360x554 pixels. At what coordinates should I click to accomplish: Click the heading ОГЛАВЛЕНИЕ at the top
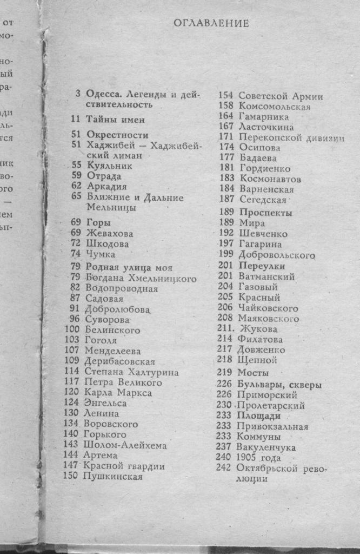point(211,23)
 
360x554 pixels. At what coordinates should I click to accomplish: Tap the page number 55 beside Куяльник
point(76,166)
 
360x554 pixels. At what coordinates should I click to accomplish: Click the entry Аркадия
point(103,187)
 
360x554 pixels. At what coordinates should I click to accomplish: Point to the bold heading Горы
point(98,222)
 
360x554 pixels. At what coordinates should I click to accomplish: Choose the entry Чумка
point(101,254)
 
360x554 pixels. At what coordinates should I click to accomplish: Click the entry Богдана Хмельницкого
point(140,279)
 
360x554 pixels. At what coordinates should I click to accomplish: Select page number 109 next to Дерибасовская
point(72,361)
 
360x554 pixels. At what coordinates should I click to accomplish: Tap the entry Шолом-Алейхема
point(125,445)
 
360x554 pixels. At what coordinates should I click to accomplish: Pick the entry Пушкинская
point(113,477)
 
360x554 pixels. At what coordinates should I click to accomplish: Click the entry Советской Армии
point(281,96)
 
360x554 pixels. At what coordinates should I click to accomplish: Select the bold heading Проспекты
point(265,213)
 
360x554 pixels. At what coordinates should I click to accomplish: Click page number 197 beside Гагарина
point(225,244)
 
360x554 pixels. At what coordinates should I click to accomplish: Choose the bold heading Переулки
point(262,266)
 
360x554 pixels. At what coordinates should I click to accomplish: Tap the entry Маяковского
point(268,319)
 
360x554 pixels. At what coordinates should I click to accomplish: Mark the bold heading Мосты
point(254,373)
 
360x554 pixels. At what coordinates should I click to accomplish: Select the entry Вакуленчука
point(266,447)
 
